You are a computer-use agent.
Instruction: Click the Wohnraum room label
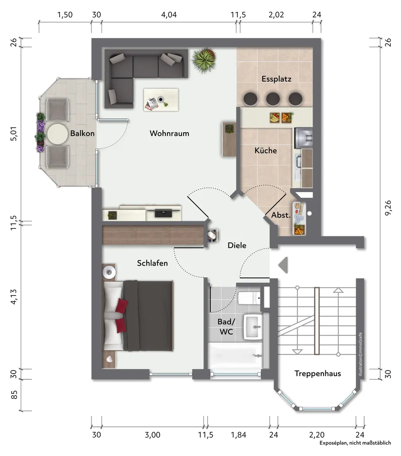tap(169, 133)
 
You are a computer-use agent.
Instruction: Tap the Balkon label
tap(82, 133)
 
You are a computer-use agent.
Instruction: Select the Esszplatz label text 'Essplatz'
tap(276, 79)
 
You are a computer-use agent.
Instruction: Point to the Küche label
tap(266, 150)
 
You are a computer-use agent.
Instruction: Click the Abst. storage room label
tap(281, 215)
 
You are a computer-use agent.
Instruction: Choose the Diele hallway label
tap(236, 245)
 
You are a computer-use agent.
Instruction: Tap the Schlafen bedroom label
tap(152, 263)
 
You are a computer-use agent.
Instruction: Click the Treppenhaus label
tap(318, 373)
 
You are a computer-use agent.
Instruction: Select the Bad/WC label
tap(226, 326)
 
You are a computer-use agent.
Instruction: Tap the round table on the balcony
tap(57, 134)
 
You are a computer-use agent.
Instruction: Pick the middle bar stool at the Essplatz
tap(273, 99)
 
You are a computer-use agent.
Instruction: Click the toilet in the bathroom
tap(250, 297)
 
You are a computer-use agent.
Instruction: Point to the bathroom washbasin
tap(253, 327)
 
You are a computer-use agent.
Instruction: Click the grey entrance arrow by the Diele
tap(283, 265)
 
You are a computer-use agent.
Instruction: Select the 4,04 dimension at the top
tap(169, 14)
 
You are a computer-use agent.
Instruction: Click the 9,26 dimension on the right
tap(388, 208)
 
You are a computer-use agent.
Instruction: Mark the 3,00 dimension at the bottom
tap(152, 435)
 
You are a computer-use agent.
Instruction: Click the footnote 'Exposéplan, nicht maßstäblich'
tap(355, 443)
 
